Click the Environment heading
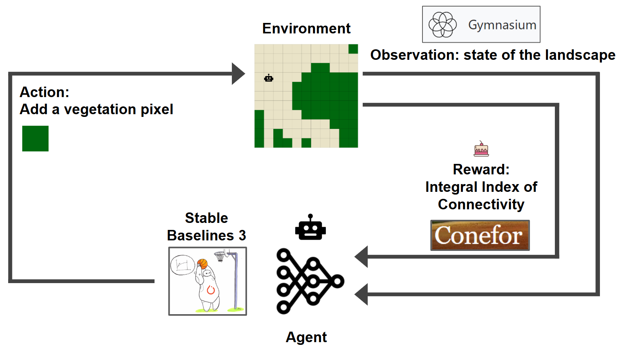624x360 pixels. pos(306,28)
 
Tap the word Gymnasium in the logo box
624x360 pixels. pos(502,25)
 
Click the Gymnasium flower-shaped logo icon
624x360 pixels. pos(442,24)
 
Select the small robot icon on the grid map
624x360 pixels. pos(269,78)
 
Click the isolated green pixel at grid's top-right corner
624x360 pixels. pos(353,49)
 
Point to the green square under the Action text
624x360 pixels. pos(35,138)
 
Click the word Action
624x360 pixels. pos(44,92)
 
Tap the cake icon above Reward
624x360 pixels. pos(481,149)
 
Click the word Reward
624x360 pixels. pos(480,169)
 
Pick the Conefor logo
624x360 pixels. pos(480,235)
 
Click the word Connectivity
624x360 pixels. pos(481,204)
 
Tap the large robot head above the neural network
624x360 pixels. pos(310,228)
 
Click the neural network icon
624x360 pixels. pos(309,281)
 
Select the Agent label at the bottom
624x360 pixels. pos(306,337)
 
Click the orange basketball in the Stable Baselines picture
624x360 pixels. pos(202,264)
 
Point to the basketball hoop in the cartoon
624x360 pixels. pos(220,256)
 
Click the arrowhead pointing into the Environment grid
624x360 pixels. pos(238,73)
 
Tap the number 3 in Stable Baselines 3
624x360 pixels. pos(242,235)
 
